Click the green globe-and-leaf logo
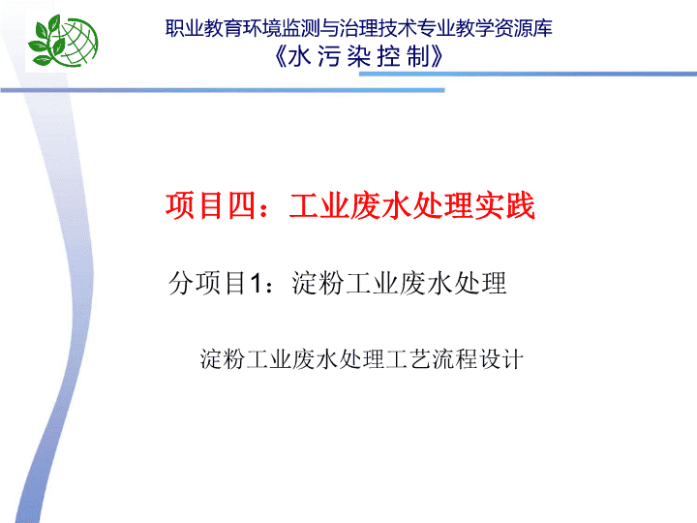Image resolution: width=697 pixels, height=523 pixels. (63, 41)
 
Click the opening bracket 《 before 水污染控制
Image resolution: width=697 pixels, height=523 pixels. (281, 56)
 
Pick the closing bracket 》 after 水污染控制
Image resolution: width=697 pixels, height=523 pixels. (438, 56)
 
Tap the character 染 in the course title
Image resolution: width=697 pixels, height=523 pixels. (359, 56)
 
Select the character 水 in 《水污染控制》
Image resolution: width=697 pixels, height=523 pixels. (299, 56)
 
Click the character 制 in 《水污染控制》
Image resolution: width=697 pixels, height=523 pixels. (418, 56)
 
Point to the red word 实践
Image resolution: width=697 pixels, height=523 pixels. (504, 205)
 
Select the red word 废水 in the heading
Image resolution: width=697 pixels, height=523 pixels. (381, 205)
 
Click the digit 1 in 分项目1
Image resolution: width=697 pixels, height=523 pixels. (256, 283)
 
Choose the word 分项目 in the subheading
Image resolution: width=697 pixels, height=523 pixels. (207, 283)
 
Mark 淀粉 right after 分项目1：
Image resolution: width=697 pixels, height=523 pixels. (318, 283)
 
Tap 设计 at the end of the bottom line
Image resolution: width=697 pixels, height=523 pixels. (500, 359)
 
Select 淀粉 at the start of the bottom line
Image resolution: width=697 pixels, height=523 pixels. (223, 359)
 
